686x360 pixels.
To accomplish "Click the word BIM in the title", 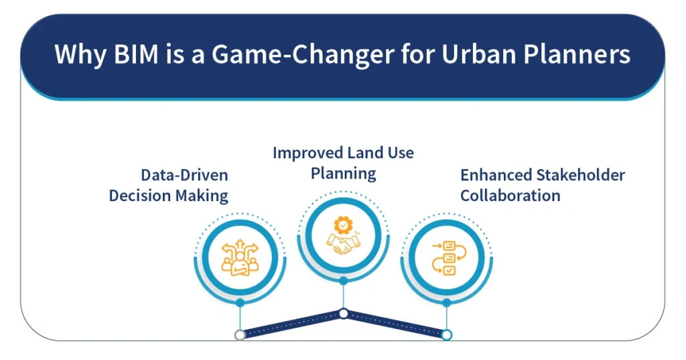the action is (x=136, y=54).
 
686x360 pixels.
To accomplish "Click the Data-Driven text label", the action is (x=184, y=175).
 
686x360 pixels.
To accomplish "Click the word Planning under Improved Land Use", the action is (x=344, y=174).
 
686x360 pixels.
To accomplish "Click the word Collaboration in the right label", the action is (x=510, y=195).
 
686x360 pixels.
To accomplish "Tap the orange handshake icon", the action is (x=344, y=244).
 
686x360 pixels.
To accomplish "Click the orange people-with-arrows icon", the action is (x=241, y=257).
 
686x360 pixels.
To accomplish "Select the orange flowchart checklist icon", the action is (x=448, y=257).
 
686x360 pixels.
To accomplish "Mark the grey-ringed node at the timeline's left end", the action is (x=240, y=335).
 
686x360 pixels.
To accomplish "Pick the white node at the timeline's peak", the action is (x=344, y=314).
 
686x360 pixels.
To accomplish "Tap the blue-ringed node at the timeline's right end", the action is (x=447, y=335).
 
